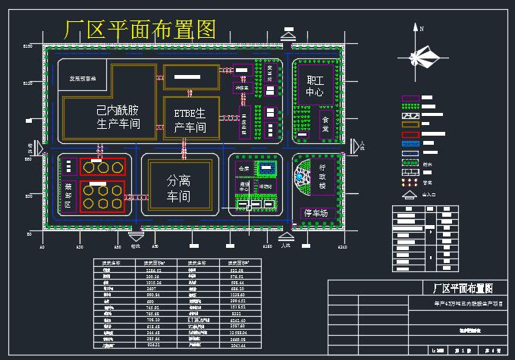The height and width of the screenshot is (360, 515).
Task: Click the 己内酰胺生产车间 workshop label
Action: click(118, 117)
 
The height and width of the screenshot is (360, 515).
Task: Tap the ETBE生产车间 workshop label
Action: click(190, 121)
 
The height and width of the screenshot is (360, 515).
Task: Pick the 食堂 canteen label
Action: click(325, 124)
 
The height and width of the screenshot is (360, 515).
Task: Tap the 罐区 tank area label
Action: click(68, 195)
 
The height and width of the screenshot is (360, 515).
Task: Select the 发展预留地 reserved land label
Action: click(83, 77)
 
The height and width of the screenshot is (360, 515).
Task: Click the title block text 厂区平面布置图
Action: click(457, 288)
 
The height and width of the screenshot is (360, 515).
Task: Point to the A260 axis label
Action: click(341, 247)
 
